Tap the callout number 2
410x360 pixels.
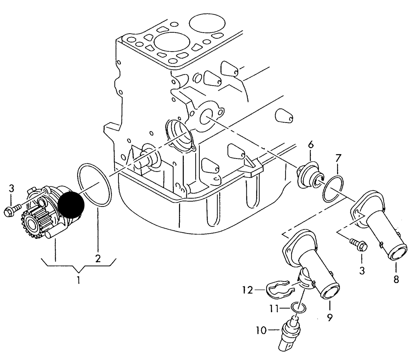click(x=98, y=259)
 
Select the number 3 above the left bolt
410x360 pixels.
click(x=12, y=189)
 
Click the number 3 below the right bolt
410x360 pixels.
click(x=362, y=271)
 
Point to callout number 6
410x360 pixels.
click(x=311, y=145)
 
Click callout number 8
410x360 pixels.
click(x=396, y=280)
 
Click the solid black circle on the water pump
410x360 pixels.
click(x=71, y=205)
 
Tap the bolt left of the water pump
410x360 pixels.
click(x=12, y=210)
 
